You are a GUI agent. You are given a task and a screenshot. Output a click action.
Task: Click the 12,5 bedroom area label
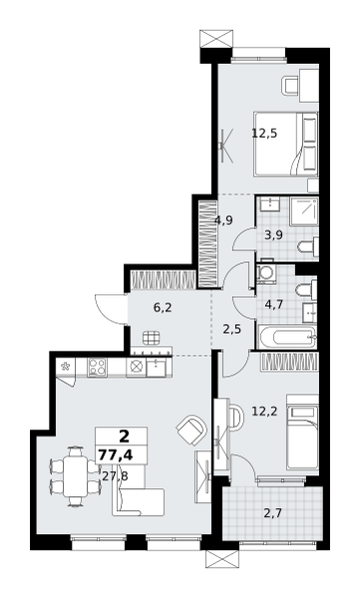coord(264,134)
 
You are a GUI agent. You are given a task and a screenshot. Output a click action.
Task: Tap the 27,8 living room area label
coord(116,475)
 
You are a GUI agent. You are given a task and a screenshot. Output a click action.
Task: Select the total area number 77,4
coord(116,455)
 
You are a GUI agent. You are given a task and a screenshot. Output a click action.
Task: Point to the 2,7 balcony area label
coord(273,513)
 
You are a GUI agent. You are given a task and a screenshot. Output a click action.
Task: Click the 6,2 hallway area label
coord(163,308)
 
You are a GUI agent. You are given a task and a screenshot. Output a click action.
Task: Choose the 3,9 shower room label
coord(273,235)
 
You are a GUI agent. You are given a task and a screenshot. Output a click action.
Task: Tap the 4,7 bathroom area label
coord(273,306)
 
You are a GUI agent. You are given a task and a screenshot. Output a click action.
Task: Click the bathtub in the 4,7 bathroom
coord(287,337)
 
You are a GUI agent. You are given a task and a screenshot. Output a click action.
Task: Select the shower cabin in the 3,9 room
coord(304,211)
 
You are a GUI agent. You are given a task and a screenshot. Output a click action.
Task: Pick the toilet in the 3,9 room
coord(308,247)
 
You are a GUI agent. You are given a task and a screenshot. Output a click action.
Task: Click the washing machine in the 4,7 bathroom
coord(265,274)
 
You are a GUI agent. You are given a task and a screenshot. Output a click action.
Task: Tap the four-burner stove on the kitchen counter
coord(97,367)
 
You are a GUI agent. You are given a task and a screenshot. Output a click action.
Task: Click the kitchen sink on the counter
coord(157,367)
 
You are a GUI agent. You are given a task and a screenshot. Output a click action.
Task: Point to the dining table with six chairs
coord(76,476)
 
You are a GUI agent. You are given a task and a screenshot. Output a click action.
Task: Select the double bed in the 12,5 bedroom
coord(285,145)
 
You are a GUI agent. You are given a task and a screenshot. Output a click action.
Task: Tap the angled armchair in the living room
coord(191,430)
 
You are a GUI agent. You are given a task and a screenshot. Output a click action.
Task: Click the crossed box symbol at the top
coord(216,38)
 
